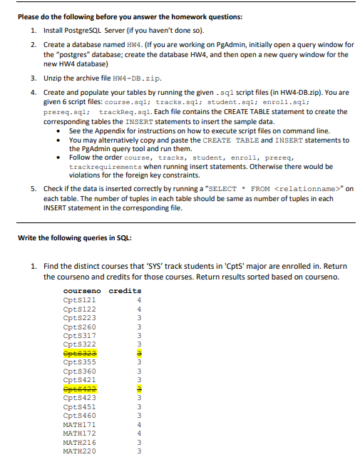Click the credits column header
[125, 291]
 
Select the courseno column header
[82, 291]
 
